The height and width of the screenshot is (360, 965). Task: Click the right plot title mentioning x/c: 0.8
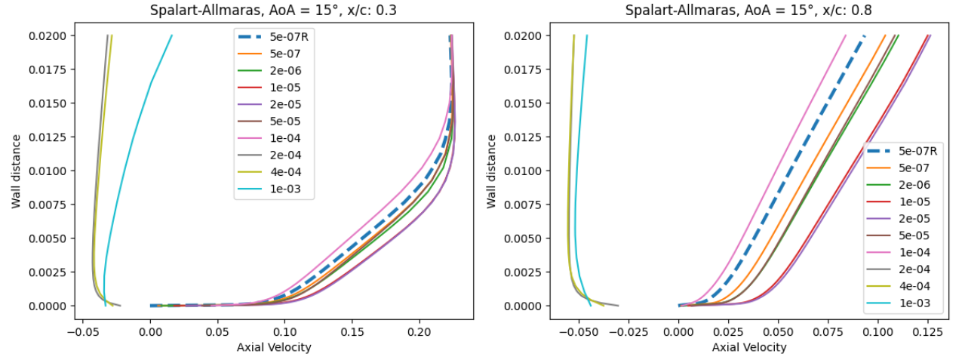[749, 11]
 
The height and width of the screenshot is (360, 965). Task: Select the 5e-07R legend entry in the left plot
[287, 35]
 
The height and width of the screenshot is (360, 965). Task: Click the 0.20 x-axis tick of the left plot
[419, 331]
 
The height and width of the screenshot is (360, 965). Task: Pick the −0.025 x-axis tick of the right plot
[628, 331]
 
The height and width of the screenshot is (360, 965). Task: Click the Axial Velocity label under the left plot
[274, 347]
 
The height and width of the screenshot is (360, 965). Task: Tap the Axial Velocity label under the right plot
[749, 347]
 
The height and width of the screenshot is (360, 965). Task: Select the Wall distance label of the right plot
[492, 171]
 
